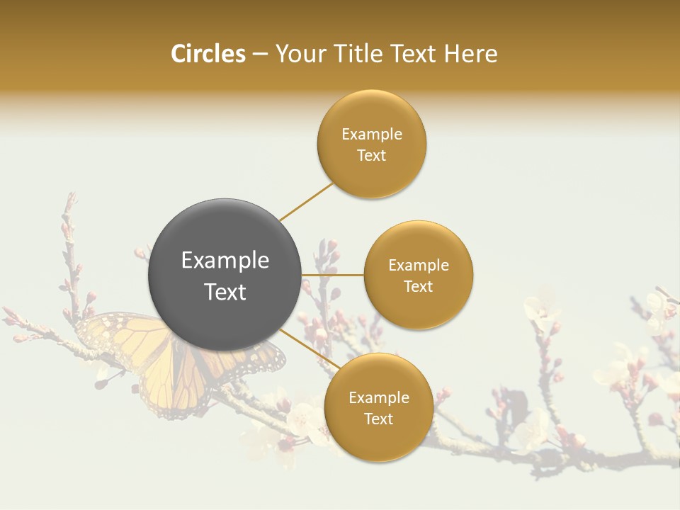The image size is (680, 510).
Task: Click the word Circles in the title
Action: tap(208, 54)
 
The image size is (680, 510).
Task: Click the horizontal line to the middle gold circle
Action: tap(333, 275)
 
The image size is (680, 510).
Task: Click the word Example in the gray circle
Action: tap(225, 261)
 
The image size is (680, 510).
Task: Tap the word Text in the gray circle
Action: tap(225, 292)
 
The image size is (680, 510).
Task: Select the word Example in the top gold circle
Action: tap(372, 135)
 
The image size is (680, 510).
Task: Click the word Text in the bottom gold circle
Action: tap(378, 419)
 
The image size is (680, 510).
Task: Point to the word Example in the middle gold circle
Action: tap(419, 266)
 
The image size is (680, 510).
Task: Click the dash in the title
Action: tap(260, 54)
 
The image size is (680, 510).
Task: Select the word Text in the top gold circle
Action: tap(372, 156)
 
